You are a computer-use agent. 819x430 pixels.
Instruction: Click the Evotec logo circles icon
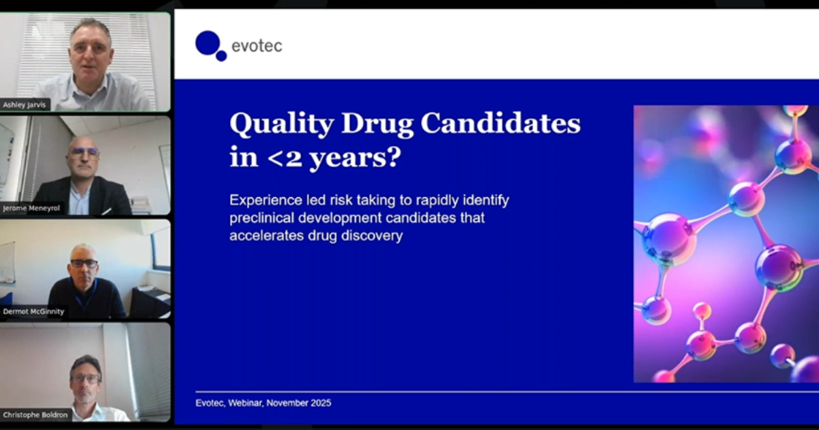click(x=210, y=45)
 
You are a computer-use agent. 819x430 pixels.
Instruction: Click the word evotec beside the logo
click(x=257, y=46)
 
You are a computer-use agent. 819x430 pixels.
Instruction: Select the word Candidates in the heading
click(x=501, y=124)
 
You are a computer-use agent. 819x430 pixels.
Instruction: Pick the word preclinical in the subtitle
click(x=257, y=219)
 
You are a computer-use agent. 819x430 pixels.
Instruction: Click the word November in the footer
click(x=288, y=403)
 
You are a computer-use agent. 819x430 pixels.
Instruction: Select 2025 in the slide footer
click(x=320, y=403)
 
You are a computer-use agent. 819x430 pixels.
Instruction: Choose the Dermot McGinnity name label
click(x=34, y=311)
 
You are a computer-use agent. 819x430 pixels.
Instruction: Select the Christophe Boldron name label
click(x=35, y=414)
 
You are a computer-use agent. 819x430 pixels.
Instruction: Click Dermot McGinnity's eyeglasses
click(x=85, y=263)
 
